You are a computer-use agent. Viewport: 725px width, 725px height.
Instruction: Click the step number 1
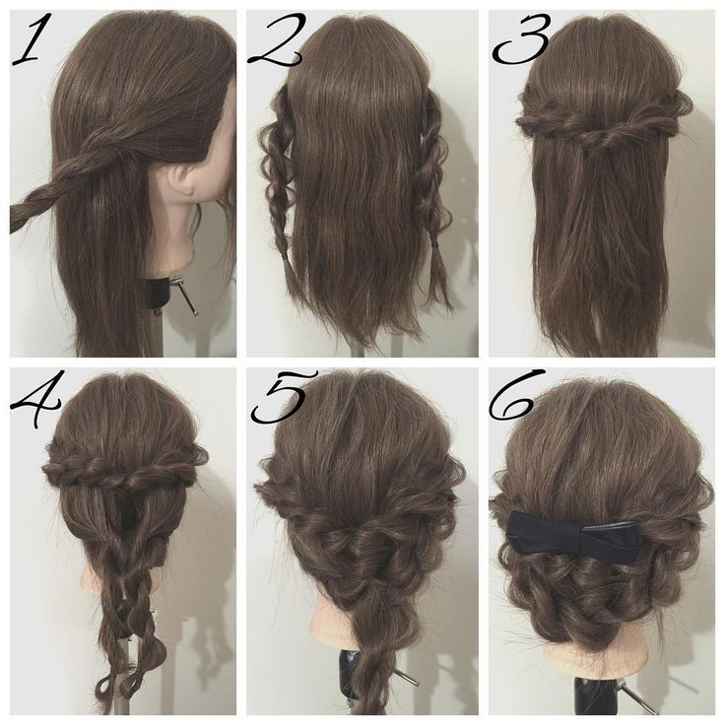click(x=33, y=38)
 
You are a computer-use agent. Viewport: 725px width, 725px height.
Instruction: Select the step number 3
click(x=522, y=38)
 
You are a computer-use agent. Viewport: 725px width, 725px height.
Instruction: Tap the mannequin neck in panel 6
click(x=597, y=661)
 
